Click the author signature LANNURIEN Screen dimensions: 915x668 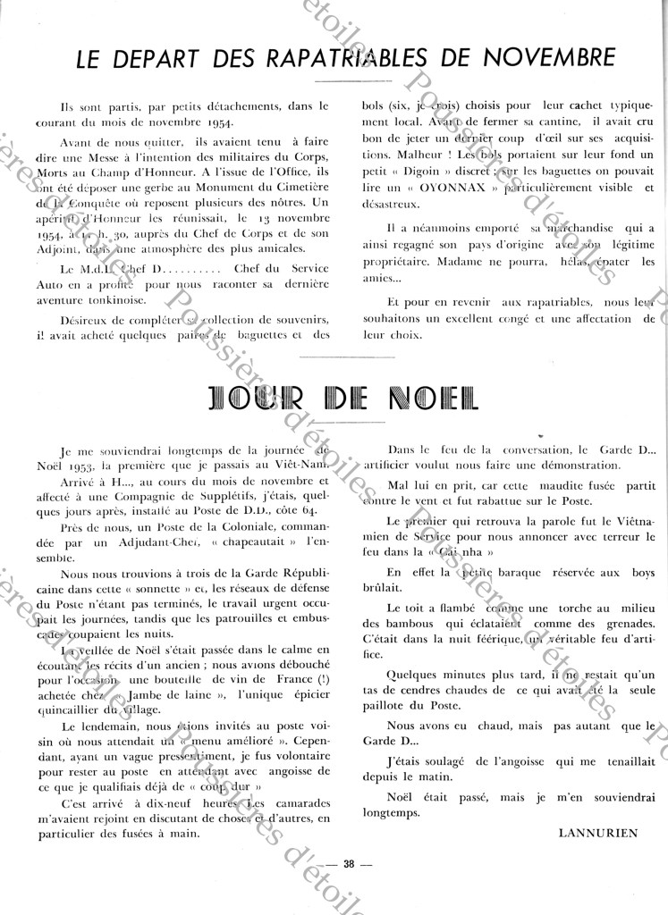[x=598, y=833]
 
